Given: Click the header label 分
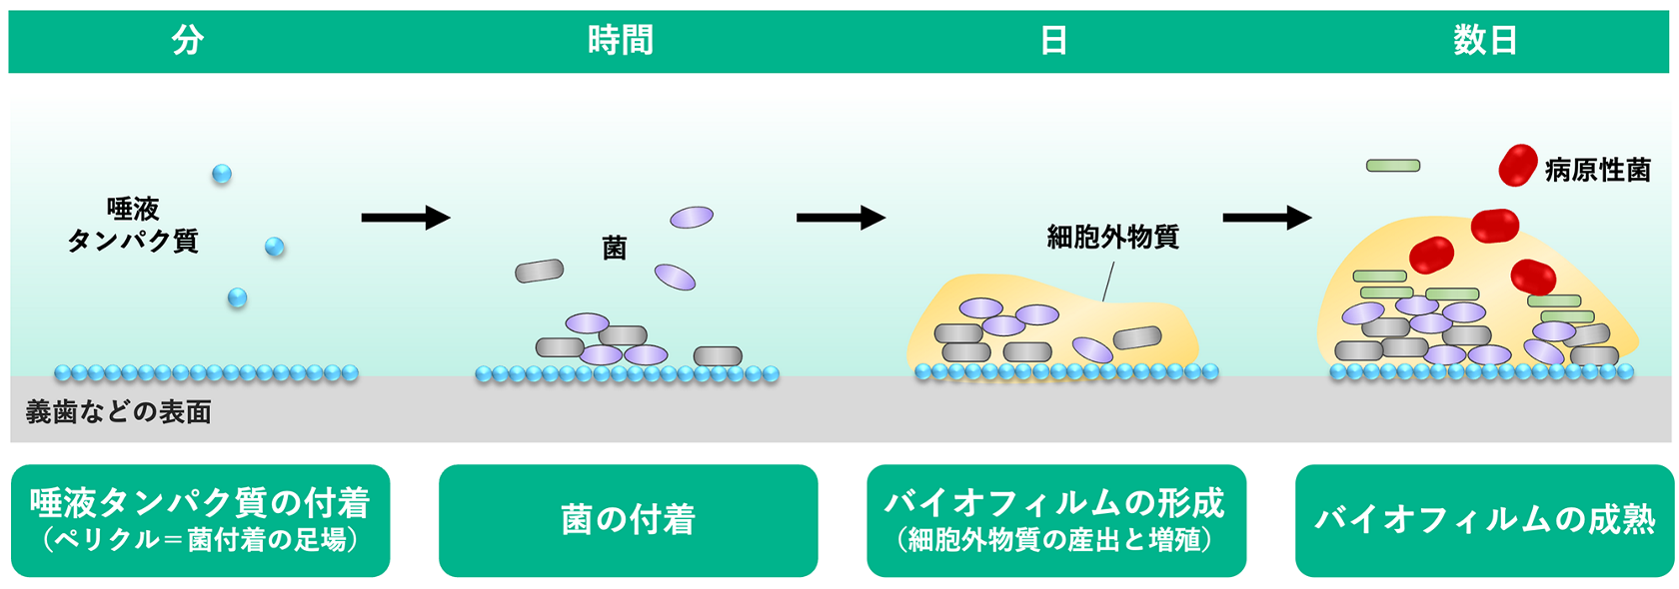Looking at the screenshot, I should pyautogui.click(x=188, y=41).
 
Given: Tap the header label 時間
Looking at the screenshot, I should pyautogui.click(x=620, y=41).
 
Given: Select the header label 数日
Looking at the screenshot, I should pyautogui.click(x=1485, y=41).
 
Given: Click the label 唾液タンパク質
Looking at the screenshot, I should pyautogui.click(x=133, y=225).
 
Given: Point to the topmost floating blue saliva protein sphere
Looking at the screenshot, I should pyautogui.click(x=222, y=174).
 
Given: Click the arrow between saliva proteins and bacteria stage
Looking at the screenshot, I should pyautogui.click(x=405, y=217).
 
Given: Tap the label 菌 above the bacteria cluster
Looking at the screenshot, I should pyautogui.click(x=614, y=248).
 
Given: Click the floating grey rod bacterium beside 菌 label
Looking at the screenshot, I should pyautogui.click(x=540, y=271).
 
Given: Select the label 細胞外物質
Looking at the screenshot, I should pyautogui.click(x=1112, y=237).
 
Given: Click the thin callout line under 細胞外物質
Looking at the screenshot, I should pyautogui.click(x=1107, y=282).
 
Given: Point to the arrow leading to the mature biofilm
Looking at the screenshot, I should pyautogui.click(x=1266, y=217).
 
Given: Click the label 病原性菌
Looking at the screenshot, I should pyautogui.click(x=1597, y=171).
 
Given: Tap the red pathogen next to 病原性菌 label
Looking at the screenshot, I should pyautogui.click(x=1517, y=166).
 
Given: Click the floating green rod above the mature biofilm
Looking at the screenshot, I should pyautogui.click(x=1393, y=166).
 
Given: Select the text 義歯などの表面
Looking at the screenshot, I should pyautogui.click(x=119, y=411).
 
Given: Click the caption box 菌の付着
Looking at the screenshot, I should pyautogui.click(x=628, y=520).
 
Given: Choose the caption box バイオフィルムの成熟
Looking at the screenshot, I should pyautogui.click(x=1484, y=520).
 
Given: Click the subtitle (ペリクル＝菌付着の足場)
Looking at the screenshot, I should pyautogui.click(x=200, y=540).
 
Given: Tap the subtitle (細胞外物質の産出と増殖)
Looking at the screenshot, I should pyautogui.click(x=1055, y=540).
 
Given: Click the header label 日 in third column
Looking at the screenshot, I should pyautogui.click(x=1053, y=41).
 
